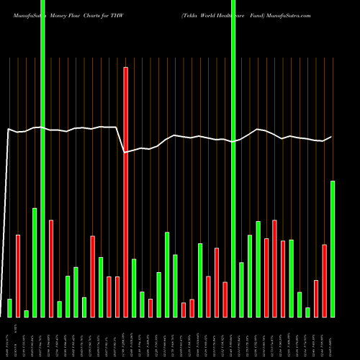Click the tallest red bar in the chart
tap(125, 192)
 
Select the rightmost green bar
tap(333, 248)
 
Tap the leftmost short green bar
tap(9, 307)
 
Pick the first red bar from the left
tap(18, 276)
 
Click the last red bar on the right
tap(324, 281)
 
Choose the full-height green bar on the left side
tap(42, 158)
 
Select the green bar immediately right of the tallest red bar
tap(134, 287)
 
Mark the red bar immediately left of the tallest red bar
tap(117, 297)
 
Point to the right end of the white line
tap(331, 137)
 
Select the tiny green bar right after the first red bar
tap(26, 313)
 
